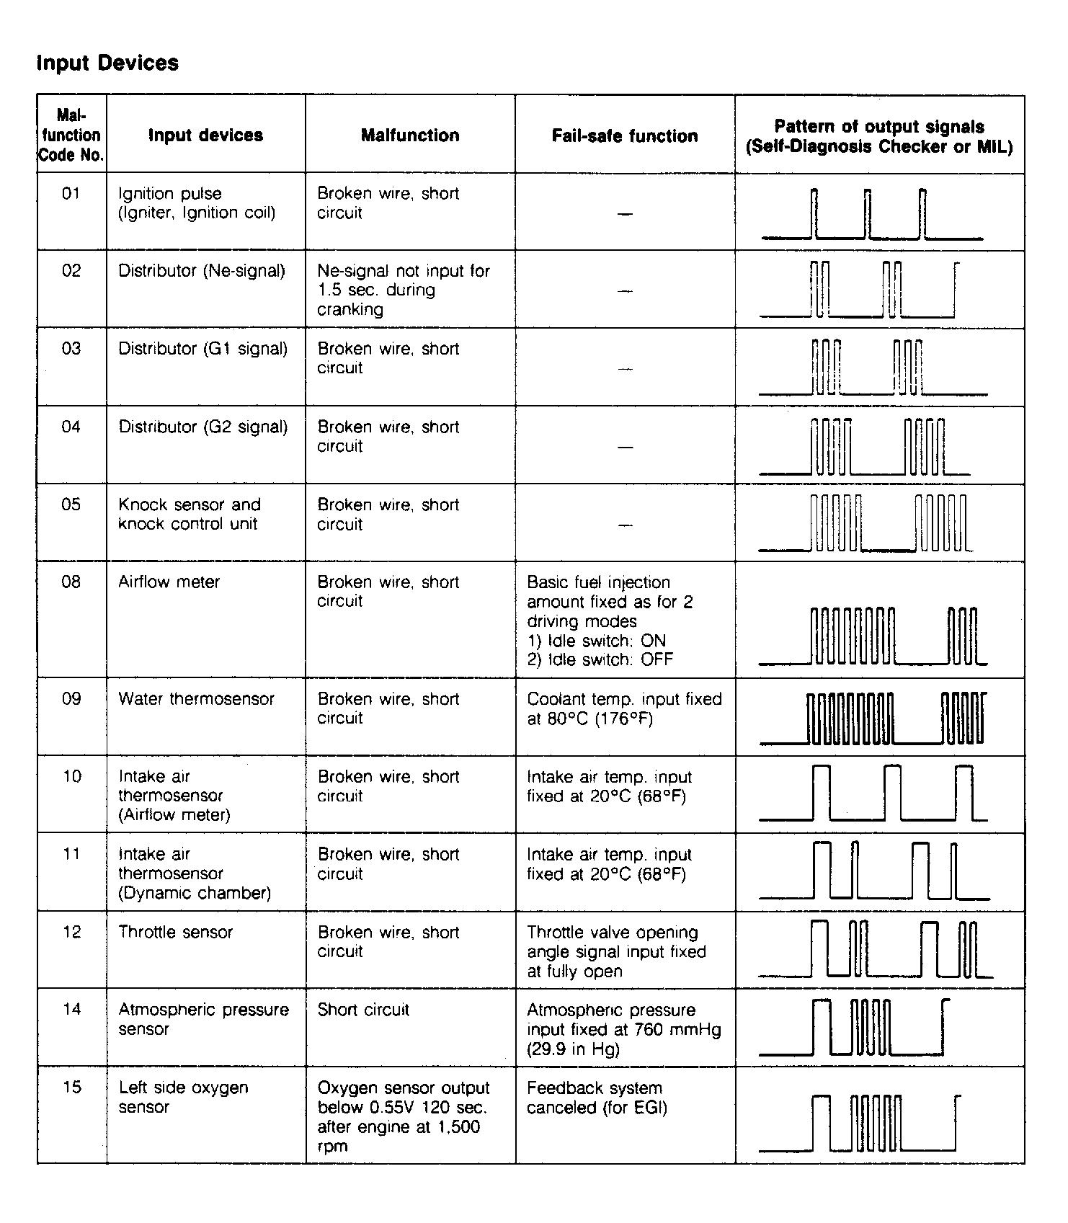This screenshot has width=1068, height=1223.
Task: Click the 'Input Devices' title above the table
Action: click(107, 63)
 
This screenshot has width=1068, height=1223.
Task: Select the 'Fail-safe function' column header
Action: click(624, 136)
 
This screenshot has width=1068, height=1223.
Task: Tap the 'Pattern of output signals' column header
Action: click(879, 136)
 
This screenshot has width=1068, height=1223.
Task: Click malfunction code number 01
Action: click(71, 193)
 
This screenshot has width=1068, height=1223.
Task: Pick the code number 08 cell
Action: click(71, 582)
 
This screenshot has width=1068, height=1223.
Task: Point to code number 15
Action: click(71, 1087)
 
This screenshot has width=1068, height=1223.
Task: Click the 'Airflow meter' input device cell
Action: click(169, 582)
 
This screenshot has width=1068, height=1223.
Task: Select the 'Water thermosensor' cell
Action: click(196, 698)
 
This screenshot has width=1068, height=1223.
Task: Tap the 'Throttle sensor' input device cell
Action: click(175, 932)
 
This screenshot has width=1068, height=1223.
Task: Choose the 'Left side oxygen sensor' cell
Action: click(183, 1097)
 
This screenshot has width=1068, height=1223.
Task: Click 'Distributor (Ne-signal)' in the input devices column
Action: click(202, 271)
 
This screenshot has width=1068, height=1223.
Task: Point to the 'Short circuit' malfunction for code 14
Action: click(363, 1010)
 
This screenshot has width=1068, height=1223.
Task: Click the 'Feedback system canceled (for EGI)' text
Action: click(597, 1097)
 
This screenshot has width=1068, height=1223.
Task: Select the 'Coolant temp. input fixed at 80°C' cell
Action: click(624, 708)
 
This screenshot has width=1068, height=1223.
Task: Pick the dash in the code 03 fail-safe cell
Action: click(625, 369)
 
